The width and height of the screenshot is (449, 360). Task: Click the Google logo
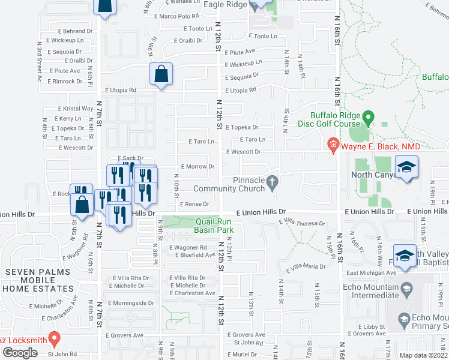point(20,352)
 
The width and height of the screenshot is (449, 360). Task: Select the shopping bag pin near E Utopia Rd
point(161,76)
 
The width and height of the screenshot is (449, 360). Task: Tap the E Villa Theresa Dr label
point(301,223)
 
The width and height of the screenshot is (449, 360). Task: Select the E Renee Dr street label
point(193,204)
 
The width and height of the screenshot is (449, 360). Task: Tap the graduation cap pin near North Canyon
point(407,169)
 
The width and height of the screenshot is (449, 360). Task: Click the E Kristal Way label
point(77,109)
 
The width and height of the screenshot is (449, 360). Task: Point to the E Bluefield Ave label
point(195,255)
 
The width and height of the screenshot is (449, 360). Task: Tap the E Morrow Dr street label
point(197,166)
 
